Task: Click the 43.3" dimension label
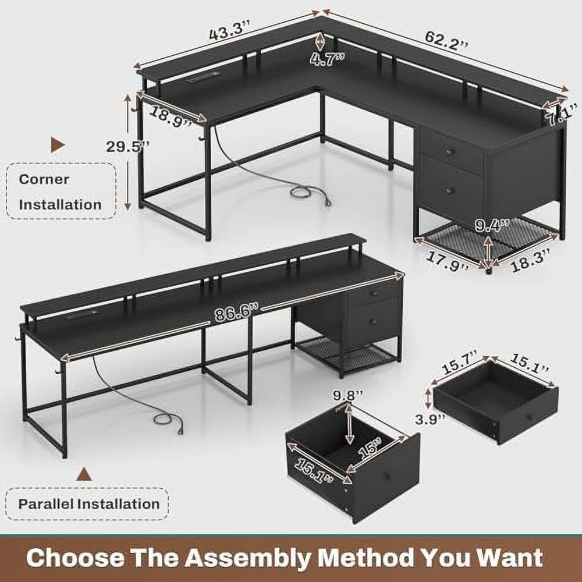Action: [230, 30]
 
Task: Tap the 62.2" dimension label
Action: [446, 40]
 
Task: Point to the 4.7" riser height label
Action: [327, 59]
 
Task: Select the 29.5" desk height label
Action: [127, 146]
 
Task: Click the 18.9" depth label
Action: [171, 116]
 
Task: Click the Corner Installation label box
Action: [61, 191]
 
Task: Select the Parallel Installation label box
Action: [87, 503]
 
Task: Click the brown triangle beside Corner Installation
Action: [58, 145]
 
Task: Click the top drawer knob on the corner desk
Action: [451, 151]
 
